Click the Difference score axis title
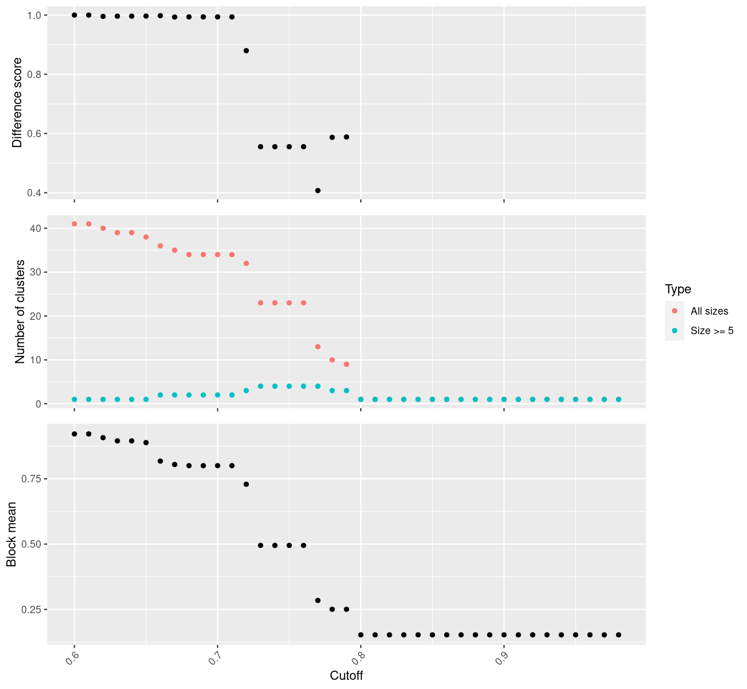[17, 102]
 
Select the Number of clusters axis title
[21, 312]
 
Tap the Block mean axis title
[11, 535]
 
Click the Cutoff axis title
[346, 675]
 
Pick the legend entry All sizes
[709, 311]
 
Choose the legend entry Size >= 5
[712, 331]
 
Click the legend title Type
[677, 289]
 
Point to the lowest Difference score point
[318, 190]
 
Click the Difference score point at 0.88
[246, 51]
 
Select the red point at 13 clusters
[318, 347]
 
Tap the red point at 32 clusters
[246, 264]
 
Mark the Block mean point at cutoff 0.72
[246, 484]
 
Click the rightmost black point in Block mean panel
[618, 634]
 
